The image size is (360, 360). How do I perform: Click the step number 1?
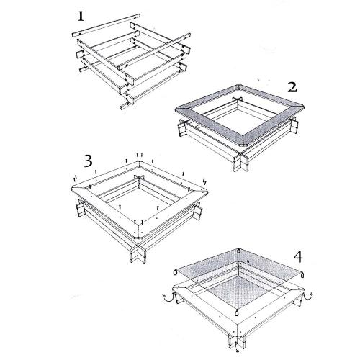tap(81, 17)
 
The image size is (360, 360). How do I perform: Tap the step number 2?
tap(292, 88)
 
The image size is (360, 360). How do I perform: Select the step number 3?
tap(88, 161)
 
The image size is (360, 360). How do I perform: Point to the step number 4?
tap(298, 257)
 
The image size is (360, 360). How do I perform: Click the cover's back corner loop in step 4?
tap(239, 251)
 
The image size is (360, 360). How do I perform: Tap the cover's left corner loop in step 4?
tap(175, 272)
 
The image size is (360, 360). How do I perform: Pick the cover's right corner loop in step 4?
tap(302, 274)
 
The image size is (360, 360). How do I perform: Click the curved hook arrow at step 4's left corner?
tap(167, 298)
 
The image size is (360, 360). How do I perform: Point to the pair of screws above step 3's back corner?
tap(140, 155)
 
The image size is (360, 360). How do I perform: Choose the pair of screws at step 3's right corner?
tap(204, 181)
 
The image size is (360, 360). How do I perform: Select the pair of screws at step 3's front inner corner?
tap(139, 220)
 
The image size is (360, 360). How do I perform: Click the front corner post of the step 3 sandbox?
tap(138, 255)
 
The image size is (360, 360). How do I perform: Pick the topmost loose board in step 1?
tap(106, 25)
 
